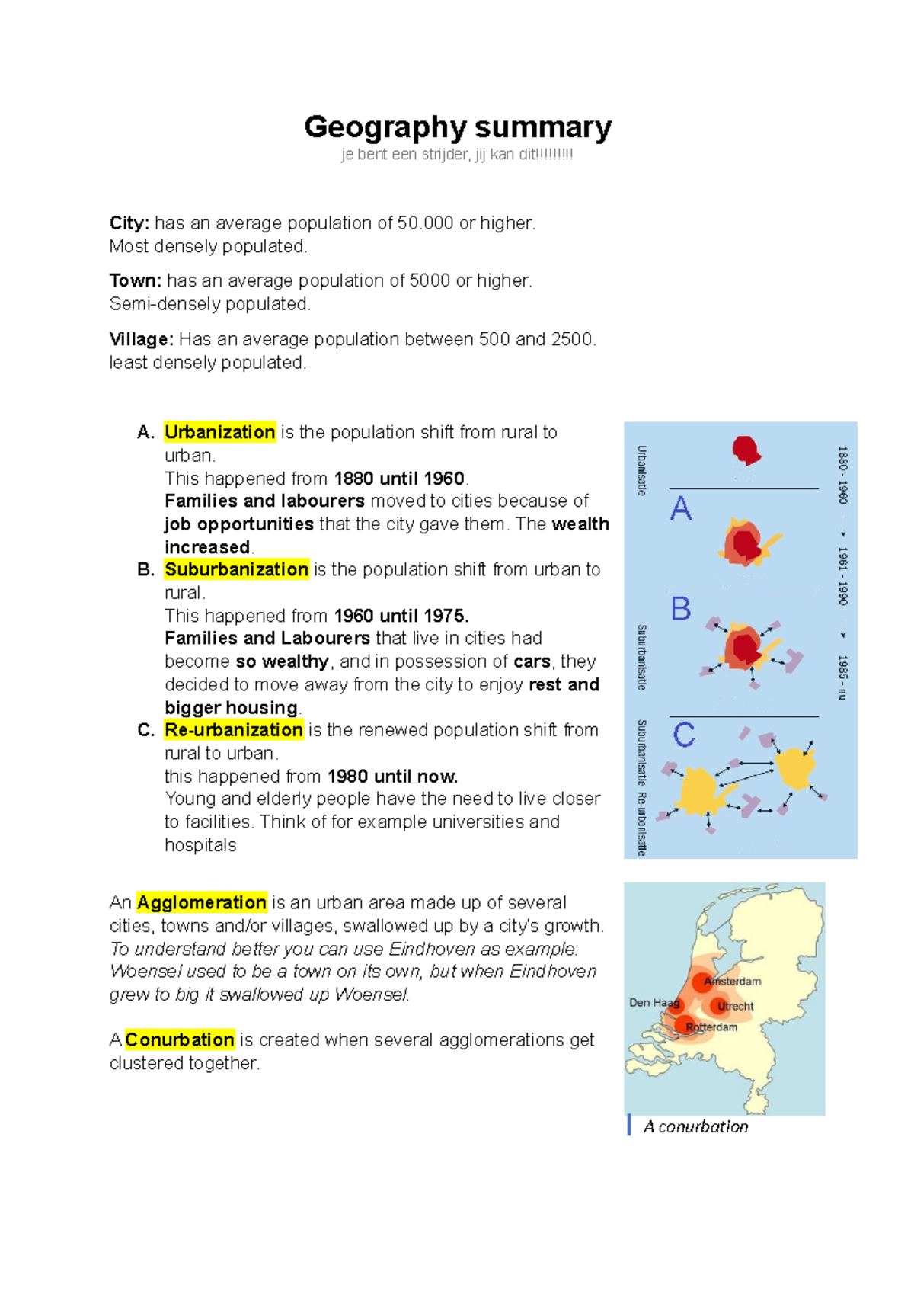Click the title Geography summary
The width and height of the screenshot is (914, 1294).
click(x=458, y=127)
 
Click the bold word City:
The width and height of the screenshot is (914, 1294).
click(x=129, y=223)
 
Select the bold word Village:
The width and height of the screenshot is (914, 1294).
click(x=142, y=339)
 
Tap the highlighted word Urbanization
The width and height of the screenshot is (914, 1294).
click(x=219, y=432)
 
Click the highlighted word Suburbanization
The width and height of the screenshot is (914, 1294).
click(x=236, y=569)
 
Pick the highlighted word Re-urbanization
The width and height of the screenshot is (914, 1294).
click(x=234, y=730)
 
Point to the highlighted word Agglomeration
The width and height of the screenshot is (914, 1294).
click(x=201, y=903)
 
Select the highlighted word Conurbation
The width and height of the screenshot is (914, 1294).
click(x=180, y=1040)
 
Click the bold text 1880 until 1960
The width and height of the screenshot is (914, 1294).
click(x=399, y=479)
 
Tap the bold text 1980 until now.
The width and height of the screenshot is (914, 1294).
click(x=392, y=777)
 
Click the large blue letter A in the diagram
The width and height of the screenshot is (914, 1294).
click(x=681, y=509)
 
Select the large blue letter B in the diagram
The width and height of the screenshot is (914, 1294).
click(x=681, y=609)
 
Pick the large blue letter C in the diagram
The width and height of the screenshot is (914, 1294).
click(x=683, y=735)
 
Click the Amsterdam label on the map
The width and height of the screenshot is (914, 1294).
click(x=733, y=982)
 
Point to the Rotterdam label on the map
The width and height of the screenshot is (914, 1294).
click(x=711, y=1027)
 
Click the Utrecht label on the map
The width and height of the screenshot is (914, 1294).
click(x=736, y=1007)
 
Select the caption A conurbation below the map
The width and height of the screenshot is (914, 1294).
click(x=695, y=1127)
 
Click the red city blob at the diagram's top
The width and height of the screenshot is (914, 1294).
click(x=746, y=450)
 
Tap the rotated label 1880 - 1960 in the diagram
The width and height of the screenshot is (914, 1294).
click(x=842, y=475)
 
